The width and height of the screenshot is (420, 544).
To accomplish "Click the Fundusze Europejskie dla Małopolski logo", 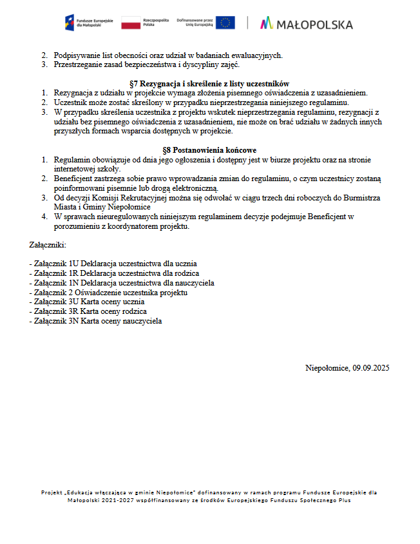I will point(90,23).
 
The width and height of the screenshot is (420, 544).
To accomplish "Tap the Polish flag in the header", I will point(131,23).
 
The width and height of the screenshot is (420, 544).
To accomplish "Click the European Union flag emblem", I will point(225,23).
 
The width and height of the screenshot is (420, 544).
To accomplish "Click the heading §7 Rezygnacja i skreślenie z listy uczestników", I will point(209,84).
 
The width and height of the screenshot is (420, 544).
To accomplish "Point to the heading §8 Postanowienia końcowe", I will point(209,150).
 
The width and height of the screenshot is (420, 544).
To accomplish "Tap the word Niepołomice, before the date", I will point(327,368).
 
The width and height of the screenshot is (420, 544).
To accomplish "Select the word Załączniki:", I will point(48,245).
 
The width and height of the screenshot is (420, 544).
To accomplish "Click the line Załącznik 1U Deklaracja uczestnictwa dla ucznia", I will point(113,264).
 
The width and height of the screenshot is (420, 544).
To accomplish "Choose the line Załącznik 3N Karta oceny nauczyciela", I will point(96,320).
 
